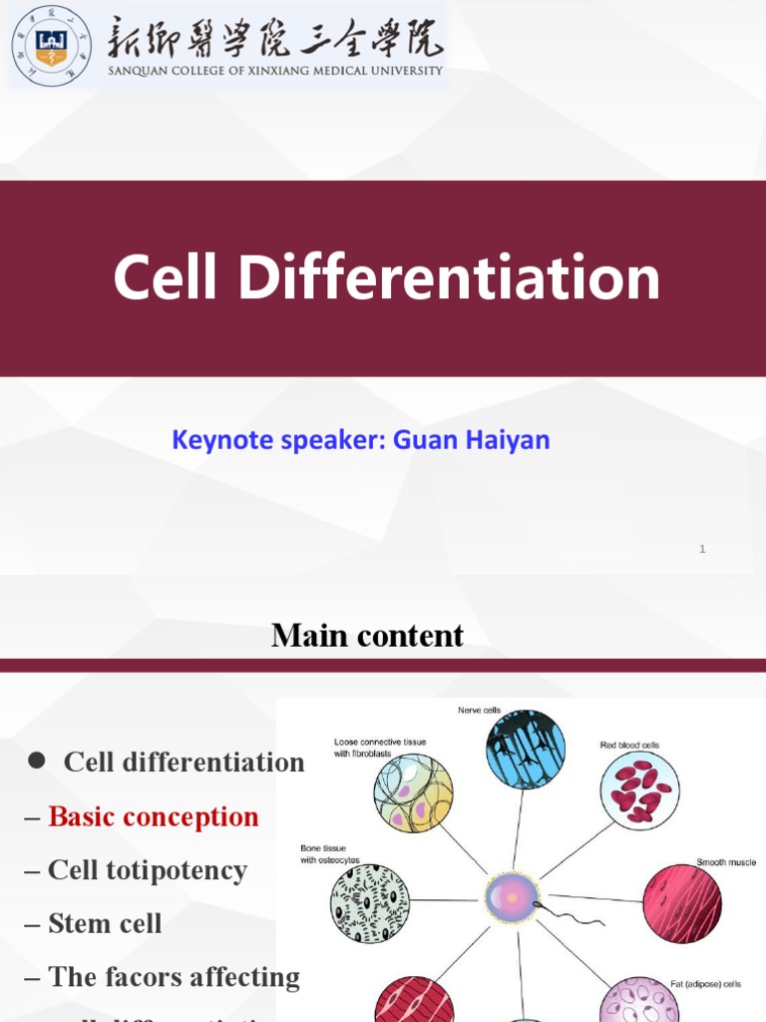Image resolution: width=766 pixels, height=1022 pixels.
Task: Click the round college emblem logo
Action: (x=50, y=46)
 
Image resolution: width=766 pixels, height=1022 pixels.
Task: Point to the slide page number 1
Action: (x=702, y=549)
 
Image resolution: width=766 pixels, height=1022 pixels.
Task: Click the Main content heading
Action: (x=367, y=635)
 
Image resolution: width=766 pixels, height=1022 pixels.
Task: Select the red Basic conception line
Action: (x=153, y=816)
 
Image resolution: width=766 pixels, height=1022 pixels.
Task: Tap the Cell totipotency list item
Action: (x=147, y=870)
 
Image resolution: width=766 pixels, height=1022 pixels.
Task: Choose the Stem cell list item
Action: (x=104, y=924)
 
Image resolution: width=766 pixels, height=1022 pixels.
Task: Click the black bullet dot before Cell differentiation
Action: (x=37, y=761)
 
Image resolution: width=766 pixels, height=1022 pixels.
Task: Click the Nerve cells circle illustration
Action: (x=525, y=749)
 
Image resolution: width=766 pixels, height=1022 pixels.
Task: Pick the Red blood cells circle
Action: (x=639, y=790)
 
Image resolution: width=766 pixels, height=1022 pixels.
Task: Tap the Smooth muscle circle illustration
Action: (x=682, y=903)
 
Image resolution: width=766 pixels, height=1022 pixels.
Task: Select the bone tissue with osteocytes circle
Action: (x=370, y=903)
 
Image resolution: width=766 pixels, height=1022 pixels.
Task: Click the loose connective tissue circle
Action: (x=413, y=793)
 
